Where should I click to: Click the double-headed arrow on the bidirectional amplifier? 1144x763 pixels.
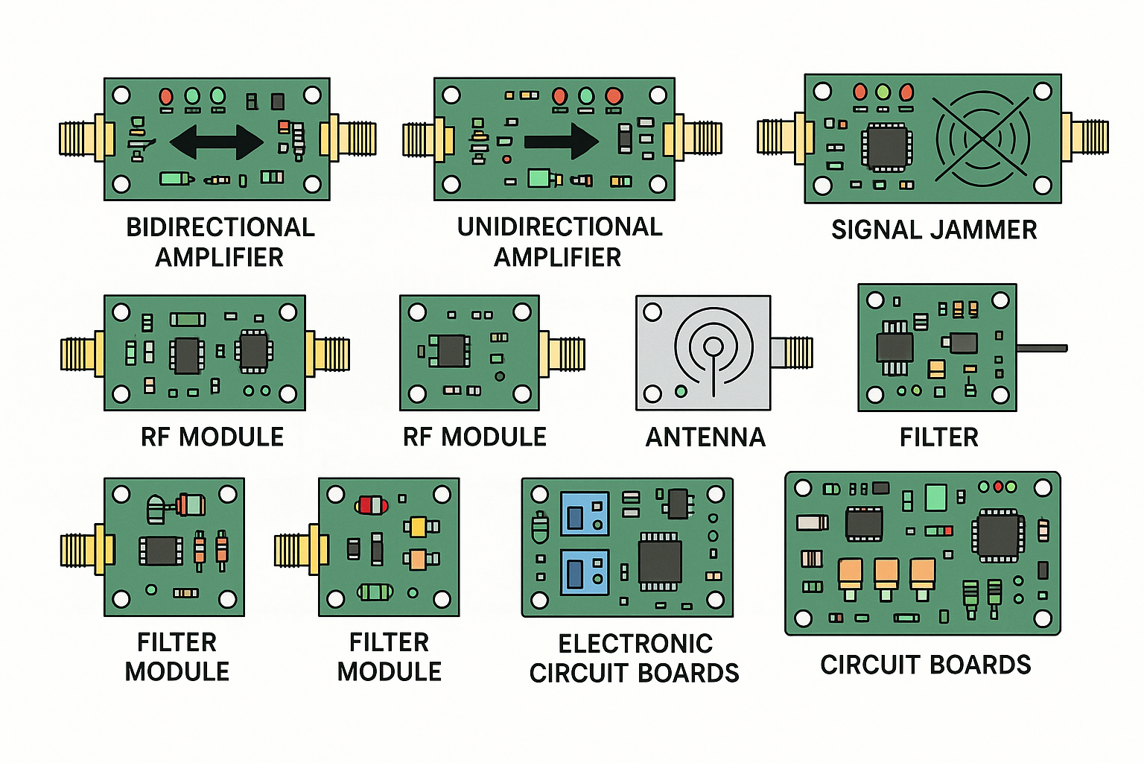click(x=217, y=141)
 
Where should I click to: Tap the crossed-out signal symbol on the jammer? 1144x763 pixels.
click(x=982, y=139)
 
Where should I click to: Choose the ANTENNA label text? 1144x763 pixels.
click(x=705, y=437)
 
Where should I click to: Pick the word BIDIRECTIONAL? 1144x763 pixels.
click(x=220, y=227)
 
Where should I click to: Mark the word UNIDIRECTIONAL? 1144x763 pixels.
click(x=559, y=227)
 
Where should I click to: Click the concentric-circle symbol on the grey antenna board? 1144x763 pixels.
click(x=713, y=347)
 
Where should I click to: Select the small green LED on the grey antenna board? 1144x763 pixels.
click(x=680, y=391)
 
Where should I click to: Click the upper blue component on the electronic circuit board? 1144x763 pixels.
click(x=585, y=514)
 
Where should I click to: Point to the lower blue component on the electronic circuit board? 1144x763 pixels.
click(x=585, y=572)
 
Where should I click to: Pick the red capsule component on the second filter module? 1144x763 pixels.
click(x=371, y=505)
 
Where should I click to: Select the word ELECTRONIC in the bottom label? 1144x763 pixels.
click(x=635, y=644)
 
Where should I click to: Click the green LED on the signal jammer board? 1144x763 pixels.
click(x=883, y=92)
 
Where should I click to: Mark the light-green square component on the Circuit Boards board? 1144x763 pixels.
click(x=935, y=497)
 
